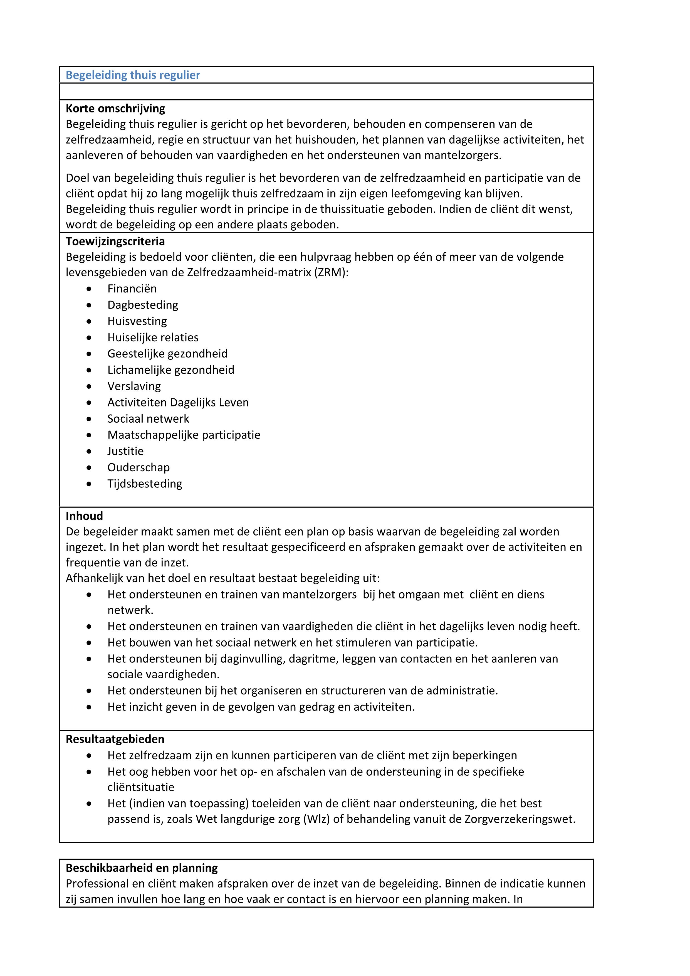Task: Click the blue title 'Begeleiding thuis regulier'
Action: (133, 75)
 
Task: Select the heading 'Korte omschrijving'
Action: (115, 109)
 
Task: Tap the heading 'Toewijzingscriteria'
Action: (115, 241)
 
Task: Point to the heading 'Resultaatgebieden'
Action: (115, 739)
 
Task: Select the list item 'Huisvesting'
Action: (137, 321)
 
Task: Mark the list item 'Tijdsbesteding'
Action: (144, 484)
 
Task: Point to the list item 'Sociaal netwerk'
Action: (148, 419)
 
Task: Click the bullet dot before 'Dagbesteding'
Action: (89, 305)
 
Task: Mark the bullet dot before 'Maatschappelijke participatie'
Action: (89, 435)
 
